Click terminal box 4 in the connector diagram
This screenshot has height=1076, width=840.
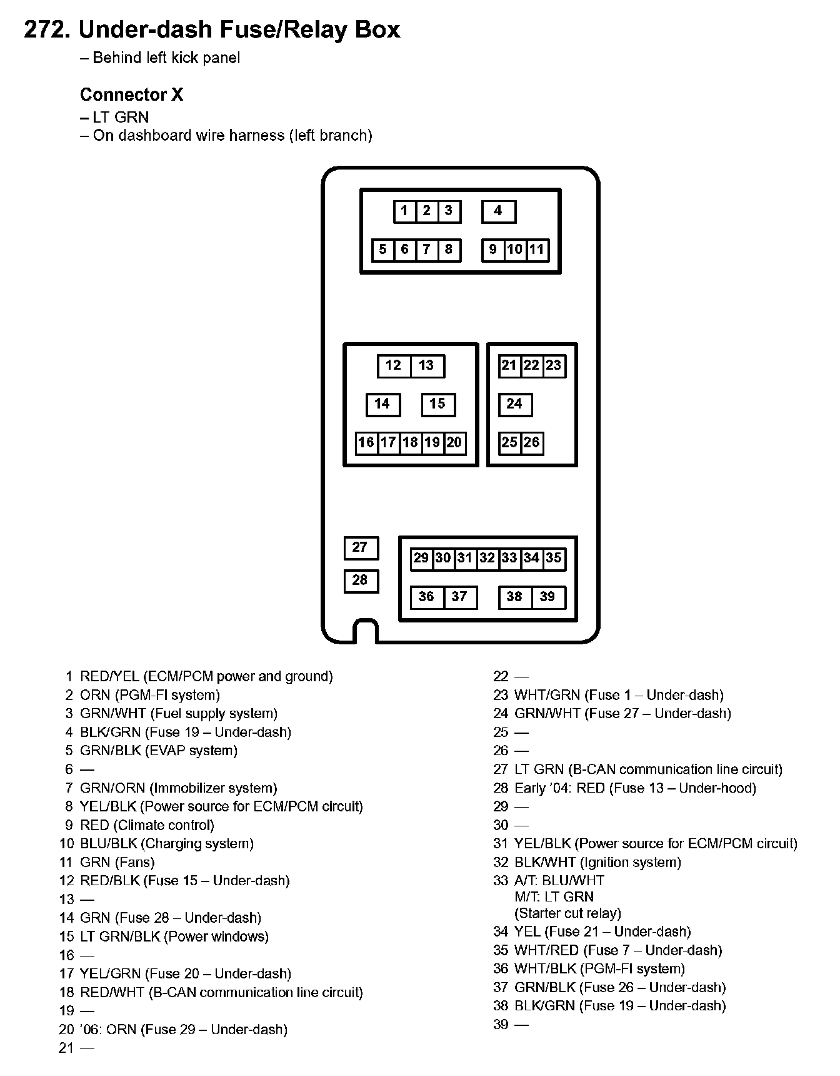pos(498,211)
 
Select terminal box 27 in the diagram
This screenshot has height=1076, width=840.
pos(361,548)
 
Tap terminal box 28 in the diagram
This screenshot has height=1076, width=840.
pos(361,581)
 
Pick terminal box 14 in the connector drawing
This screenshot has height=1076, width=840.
pos(382,404)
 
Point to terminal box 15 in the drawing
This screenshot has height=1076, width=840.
pos(437,404)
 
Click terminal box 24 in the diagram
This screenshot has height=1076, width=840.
pos(514,404)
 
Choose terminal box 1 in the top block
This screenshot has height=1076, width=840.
pos(404,211)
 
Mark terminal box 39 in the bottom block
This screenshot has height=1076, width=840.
pos(547,597)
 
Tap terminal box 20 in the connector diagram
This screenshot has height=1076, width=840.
pos(454,443)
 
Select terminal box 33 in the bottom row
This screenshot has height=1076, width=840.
pos(509,558)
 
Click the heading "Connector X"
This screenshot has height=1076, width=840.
pos(131,95)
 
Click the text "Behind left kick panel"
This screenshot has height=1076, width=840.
pos(166,58)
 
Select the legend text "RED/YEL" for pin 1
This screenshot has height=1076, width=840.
pos(109,677)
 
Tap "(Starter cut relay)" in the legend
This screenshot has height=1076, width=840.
pos(567,913)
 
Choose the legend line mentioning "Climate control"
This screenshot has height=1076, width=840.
pos(147,825)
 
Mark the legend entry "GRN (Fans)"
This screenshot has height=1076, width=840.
pos(117,862)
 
